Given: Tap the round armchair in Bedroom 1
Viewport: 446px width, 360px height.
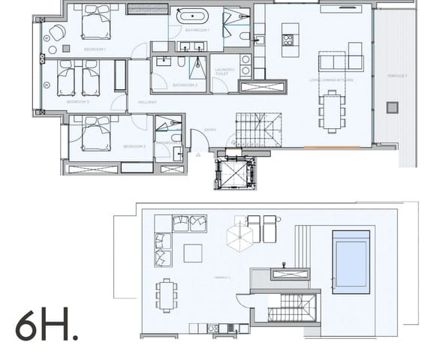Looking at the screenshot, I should click(56, 32).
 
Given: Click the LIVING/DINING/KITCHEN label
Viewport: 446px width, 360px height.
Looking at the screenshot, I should click(330, 79).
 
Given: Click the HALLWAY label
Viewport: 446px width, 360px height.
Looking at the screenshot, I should click(147, 102).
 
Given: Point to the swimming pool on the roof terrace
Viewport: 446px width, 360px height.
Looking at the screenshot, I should click(351, 262).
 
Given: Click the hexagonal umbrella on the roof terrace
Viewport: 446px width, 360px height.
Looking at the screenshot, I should click(240, 239).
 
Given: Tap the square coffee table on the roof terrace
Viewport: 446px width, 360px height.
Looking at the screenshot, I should click(192, 253).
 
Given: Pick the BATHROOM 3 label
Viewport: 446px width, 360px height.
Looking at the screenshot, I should click(185, 85).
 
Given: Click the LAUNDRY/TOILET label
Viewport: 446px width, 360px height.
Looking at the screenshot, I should click(224, 73).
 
